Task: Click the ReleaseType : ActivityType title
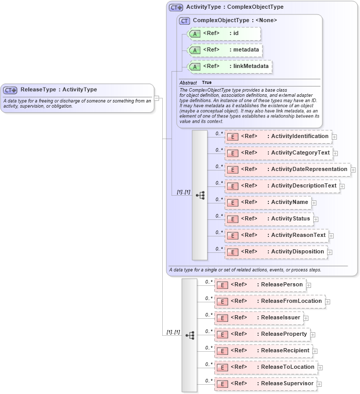[58, 90]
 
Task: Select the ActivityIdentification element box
[278, 136]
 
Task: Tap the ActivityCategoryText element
[278, 153]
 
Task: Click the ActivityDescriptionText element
[282, 186]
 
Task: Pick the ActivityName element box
[267, 202]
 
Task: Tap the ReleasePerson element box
[260, 285]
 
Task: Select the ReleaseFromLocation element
[269, 301]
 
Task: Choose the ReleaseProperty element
[262, 334]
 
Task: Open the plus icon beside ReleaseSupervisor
[319, 384]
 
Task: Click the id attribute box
[224, 33]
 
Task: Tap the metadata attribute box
[225, 50]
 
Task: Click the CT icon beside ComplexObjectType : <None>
[184, 21]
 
